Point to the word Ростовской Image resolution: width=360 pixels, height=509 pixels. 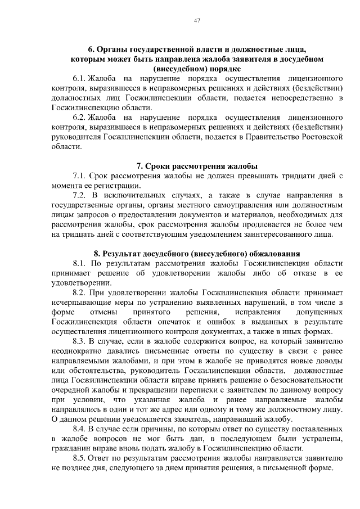tap(322, 137)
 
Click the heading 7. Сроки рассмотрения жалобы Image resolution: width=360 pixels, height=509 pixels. tap(197, 166)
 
